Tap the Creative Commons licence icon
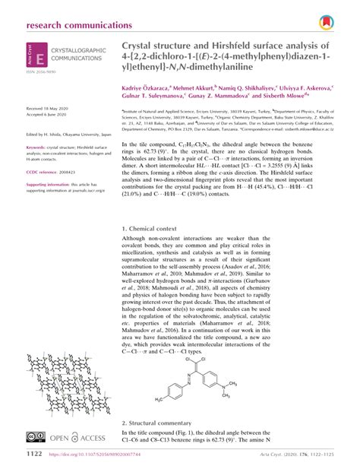click(x=36, y=437)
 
